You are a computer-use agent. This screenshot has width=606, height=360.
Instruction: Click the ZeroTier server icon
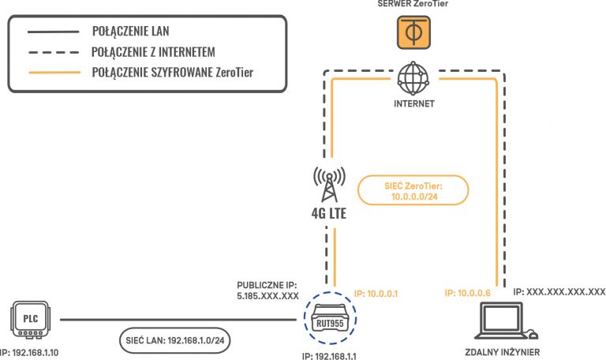pos(410,32)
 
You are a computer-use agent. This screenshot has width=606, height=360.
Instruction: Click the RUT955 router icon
pos(329,321)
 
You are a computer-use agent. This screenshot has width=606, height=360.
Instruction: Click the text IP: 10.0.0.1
pos(376,292)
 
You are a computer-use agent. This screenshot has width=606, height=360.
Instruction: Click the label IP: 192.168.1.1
pos(329,354)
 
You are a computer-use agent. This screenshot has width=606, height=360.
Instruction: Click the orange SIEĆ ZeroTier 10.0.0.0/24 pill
pos(412,190)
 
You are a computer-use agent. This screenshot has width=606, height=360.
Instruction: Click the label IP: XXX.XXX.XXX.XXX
pos(559,291)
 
